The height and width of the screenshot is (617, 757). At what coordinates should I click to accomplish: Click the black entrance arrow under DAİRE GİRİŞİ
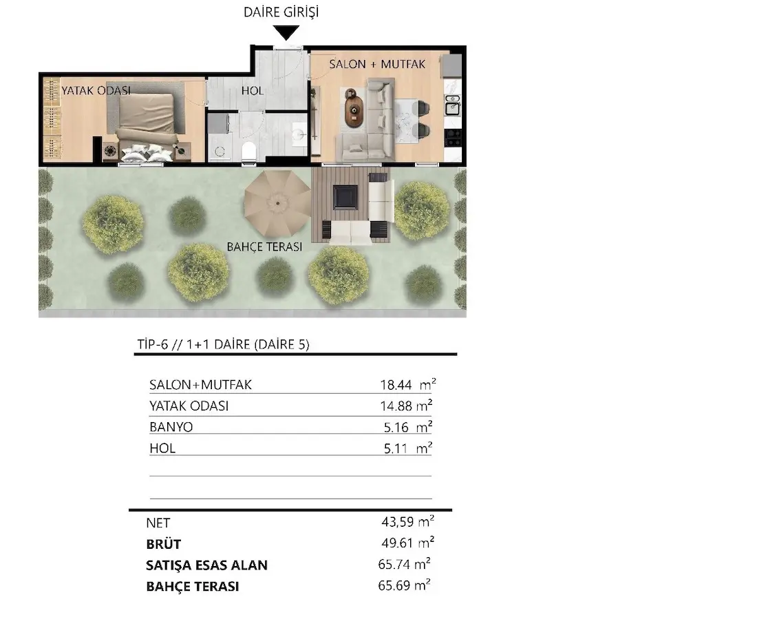coord(287,33)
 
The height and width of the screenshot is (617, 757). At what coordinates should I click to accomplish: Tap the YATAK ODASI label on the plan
coord(96,91)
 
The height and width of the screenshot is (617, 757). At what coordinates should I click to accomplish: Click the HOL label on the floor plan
coord(252,90)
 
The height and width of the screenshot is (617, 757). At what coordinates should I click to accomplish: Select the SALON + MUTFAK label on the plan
coord(377,64)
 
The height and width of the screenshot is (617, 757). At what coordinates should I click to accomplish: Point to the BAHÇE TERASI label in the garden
coord(264,247)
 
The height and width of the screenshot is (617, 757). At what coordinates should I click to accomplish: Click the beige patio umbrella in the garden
coord(277,202)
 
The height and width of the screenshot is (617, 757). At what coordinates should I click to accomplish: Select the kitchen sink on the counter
coord(452,105)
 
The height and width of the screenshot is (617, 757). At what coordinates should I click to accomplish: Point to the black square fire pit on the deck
coord(345,197)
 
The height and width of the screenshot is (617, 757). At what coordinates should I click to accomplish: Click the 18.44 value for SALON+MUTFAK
coord(396,385)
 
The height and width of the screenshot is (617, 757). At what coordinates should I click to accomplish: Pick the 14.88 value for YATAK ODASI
coord(396,406)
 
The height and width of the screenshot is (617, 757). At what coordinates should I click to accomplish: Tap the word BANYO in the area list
coord(171,427)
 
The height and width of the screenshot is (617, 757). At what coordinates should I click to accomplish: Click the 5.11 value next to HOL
coord(396,448)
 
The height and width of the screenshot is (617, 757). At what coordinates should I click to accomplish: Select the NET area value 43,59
coord(397,522)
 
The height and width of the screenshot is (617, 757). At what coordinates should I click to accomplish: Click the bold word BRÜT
coord(163,544)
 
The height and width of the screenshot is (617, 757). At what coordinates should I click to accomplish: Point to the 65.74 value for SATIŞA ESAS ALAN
coord(394,565)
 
